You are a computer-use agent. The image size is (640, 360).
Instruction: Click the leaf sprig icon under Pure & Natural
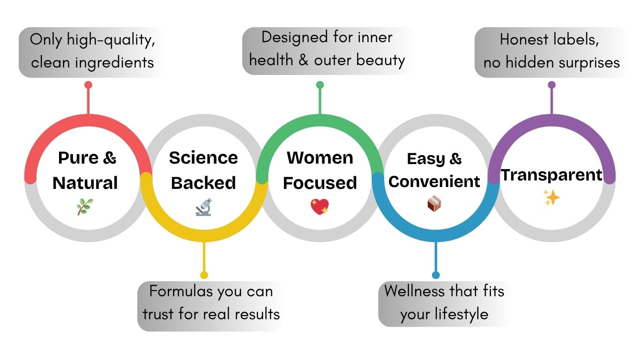(85, 206)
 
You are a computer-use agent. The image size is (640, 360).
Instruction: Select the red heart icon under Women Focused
(320, 207)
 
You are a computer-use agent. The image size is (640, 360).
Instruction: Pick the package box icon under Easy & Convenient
(434, 203)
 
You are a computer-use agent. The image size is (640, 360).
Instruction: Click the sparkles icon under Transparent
(551, 198)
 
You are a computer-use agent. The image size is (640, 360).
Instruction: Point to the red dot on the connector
(88, 85)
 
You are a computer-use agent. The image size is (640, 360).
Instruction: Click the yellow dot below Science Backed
(204, 275)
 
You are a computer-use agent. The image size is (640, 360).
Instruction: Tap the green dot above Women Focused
(320, 85)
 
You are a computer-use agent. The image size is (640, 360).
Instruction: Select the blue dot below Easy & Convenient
(436, 275)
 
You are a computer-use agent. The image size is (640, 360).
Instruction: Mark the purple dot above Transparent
(551, 85)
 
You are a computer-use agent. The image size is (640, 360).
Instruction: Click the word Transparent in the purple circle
(551, 175)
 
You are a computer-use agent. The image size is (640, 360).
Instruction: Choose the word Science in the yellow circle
(203, 157)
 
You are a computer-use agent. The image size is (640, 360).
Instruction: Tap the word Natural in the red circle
(85, 183)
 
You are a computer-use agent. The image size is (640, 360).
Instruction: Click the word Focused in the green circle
(320, 183)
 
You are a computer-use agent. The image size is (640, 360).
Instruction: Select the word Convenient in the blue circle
(434, 181)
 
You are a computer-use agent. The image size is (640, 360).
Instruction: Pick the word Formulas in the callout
(180, 292)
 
